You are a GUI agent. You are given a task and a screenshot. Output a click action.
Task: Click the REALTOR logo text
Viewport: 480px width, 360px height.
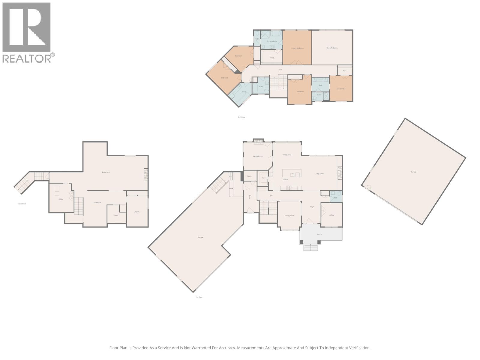coord(27,58)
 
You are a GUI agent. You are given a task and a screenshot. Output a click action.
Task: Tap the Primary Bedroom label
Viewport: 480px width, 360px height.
coord(297,48)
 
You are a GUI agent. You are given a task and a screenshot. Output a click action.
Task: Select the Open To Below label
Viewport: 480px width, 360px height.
coord(332,48)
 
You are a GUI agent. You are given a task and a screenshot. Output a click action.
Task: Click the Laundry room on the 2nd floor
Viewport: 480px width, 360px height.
coord(244,92)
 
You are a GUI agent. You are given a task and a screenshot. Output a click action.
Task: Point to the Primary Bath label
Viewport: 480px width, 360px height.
coord(272,41)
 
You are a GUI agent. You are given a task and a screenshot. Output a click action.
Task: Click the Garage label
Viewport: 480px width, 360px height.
coord(200,237)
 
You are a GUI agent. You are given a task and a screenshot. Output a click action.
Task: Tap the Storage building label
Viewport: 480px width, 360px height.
coord(413,172)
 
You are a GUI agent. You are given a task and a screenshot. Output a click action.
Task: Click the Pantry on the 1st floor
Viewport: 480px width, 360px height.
coord(264,178)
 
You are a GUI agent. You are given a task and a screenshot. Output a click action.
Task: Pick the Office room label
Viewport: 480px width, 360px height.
coord(331,215)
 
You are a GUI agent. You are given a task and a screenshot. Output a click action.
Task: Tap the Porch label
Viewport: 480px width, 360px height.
coord(319,234)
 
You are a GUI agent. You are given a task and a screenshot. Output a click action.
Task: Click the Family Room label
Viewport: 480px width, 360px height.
coord(258,156)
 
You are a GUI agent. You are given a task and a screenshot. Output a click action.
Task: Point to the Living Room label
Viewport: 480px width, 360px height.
coord(319,174)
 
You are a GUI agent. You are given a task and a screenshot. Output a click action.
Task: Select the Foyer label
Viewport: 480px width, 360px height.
coord(312,207)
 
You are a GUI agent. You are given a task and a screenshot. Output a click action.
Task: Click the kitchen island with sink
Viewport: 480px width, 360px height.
coord(292,173)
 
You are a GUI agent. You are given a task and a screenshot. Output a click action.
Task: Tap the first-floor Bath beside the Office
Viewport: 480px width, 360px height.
coord(335,198)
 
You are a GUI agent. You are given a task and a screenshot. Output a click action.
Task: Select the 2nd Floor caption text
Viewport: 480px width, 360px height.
coord(241,117)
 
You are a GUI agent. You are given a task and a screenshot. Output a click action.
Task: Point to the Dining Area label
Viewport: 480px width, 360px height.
coord(287,155)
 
